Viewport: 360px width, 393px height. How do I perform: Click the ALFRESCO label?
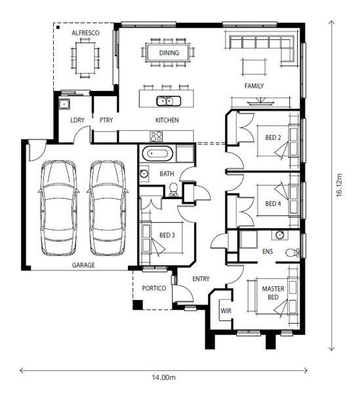[85, 33]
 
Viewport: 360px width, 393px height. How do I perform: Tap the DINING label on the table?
[169, 53]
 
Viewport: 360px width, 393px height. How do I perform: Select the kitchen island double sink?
[169, 102]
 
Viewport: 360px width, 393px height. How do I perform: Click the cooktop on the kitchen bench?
[156, 137]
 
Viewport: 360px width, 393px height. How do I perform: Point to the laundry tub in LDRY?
[64, 103]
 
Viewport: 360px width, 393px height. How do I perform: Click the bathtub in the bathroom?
[157, 153]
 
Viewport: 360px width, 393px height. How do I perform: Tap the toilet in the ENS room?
[292, 252]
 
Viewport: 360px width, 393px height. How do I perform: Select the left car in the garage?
[58, 208]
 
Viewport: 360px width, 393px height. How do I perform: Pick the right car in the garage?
[108, 208]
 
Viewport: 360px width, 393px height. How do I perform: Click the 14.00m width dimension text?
[163, 377]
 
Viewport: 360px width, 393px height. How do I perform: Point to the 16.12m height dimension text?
[339, 185]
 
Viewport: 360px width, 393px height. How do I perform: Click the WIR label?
[226, 311]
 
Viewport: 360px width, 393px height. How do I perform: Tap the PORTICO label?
[154, 288]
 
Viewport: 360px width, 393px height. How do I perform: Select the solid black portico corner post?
[138, 305]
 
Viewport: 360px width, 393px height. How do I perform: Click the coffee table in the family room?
[254, 67]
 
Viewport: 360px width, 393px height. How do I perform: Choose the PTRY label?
[106, 120]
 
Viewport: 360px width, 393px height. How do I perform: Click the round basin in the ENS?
[279, 235]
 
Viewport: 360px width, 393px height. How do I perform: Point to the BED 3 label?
[167, 235]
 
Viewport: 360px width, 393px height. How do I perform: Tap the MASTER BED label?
[273, 293]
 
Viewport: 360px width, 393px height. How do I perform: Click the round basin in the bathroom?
[144, 174]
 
